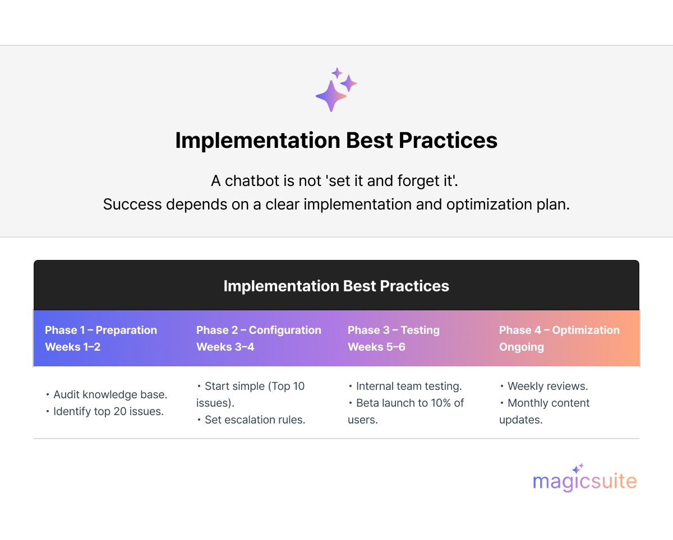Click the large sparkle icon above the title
tap(332, 96)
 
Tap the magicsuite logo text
tap(584, 481)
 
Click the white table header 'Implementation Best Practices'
tap(336, 286)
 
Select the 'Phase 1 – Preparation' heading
tap(101, 330)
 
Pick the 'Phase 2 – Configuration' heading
tap(259, 330)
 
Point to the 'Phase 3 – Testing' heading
tap(393, 330)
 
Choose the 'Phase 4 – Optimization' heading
tap(559, 330)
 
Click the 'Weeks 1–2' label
tap(72, 347)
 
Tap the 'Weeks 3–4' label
tap(225, 347)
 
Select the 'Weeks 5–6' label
tap(376, 347)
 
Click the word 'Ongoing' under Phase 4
tap(522, 347)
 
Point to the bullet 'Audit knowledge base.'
tap(107, 395)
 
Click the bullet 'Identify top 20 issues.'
tap(105, 412)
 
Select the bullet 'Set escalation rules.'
tap(251, 420)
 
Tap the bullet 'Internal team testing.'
tap(405, 387)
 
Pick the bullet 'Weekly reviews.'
tap(544, 387)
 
